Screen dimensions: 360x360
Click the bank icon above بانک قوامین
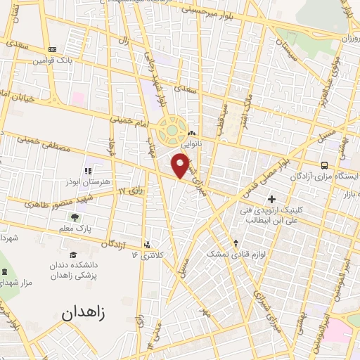(x=52, y=49)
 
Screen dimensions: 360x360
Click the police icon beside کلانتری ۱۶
(x=146, y=245)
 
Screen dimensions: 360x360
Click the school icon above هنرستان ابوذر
(x=88, y=171)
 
